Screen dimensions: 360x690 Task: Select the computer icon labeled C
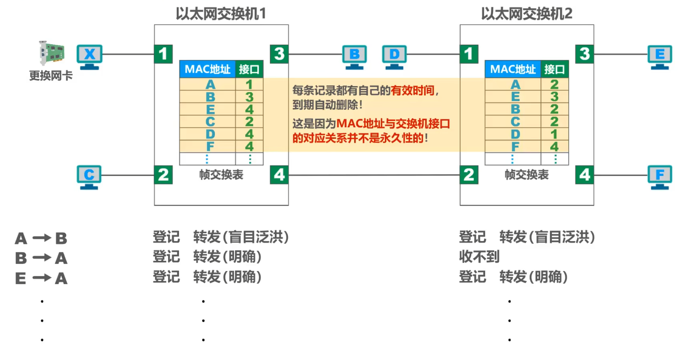point(89,177)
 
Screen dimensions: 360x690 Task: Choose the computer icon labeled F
point(660,177)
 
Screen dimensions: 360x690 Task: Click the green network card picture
point(52,52)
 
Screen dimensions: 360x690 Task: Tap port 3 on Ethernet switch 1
point(279,54)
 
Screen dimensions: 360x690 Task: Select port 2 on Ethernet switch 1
point(163,175)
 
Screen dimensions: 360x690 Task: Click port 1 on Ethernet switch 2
point(469,54)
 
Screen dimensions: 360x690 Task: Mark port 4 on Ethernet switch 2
point(585,175)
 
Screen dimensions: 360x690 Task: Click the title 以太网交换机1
point(221,14)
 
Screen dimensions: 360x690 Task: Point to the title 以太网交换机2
point(526,14)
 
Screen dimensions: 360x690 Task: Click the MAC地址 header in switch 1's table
point(207,69)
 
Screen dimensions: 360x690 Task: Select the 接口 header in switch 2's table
point(554,69)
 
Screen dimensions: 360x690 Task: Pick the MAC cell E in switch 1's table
point(210,109)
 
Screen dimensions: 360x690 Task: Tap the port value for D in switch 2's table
point(554,134)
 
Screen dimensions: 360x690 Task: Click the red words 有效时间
point(412,91)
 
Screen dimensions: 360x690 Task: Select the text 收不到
point(479,257)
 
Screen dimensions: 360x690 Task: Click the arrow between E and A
point(42,278)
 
